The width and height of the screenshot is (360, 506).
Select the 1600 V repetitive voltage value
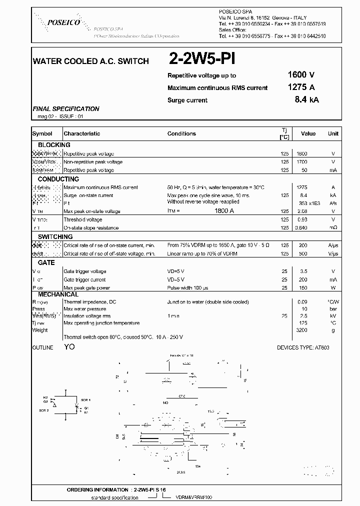(301, 75)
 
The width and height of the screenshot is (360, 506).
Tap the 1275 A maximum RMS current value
(301, 87)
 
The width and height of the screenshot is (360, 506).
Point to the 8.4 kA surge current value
(306, 99)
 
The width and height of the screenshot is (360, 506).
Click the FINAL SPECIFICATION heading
(65, 109)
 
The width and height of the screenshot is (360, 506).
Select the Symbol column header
(42, 133)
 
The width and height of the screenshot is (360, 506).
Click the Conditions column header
(181, 133)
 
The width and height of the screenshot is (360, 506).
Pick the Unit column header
(333, 133)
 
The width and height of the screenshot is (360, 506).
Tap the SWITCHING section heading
(55, 236)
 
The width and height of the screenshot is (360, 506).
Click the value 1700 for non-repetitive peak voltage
(302, 162)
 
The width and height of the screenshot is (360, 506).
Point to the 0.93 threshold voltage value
(302, 219)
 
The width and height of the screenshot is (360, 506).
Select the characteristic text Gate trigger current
(84, 279)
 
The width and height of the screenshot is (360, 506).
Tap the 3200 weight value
(302, 330)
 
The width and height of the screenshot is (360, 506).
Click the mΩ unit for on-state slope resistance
(333, 228)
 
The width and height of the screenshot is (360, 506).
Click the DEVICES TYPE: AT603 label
(302, 347)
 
